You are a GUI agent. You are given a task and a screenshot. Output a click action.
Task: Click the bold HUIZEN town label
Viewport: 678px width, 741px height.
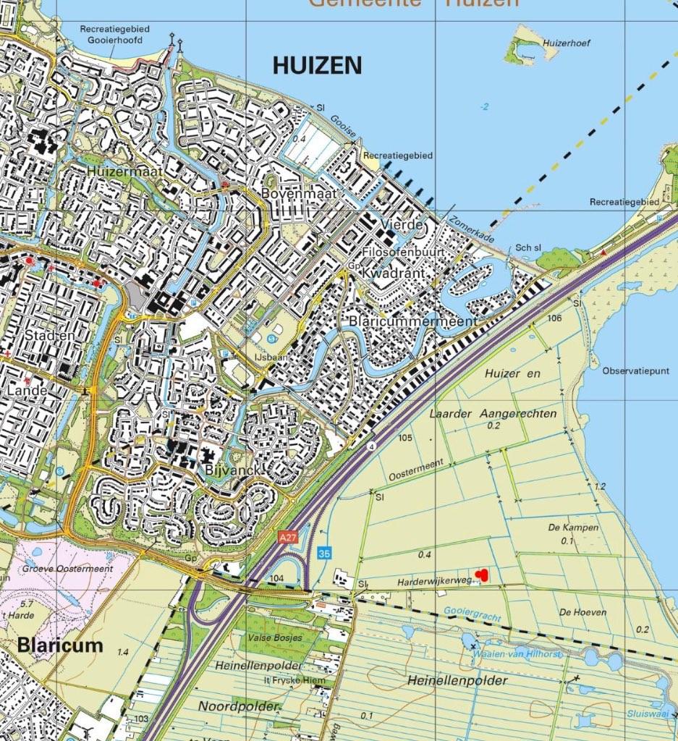[317, 66]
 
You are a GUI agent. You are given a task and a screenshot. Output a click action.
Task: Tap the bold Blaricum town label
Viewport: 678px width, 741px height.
[60, 644]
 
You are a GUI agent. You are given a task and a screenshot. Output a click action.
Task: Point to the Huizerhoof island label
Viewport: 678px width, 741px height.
[567, 43]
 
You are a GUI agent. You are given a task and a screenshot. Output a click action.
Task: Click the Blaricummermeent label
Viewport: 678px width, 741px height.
[412, 321]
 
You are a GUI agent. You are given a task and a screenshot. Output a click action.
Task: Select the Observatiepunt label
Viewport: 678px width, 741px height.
[635, 370]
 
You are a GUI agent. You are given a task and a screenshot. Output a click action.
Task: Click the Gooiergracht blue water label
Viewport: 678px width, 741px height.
[472, 611]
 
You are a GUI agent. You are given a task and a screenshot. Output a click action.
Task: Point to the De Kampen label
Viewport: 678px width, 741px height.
[573, 528]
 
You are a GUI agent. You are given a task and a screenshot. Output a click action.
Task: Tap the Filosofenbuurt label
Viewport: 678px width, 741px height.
[403, 251]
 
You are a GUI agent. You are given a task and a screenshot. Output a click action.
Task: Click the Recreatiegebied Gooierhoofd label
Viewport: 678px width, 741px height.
[115, 34]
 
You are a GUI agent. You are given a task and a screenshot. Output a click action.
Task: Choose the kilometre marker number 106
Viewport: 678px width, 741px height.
[555, 318]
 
